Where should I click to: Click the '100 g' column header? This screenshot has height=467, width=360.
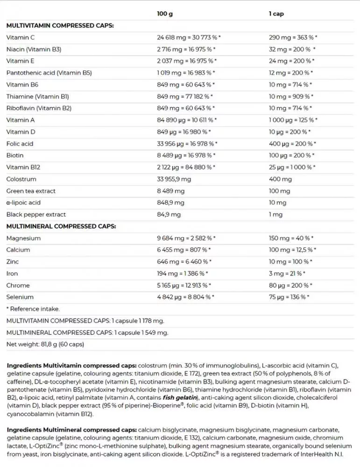pos(164,14)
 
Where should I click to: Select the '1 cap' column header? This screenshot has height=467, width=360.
pos(276,14)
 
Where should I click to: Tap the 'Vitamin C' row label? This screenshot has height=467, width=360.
pos(20,37)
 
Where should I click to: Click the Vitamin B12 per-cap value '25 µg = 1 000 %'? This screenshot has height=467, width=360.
pos(292,167)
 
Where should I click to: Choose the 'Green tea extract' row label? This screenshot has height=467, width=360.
pos(31,191)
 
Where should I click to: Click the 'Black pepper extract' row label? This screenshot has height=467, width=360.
pos(36,215)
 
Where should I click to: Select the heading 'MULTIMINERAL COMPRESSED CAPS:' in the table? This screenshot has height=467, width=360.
pos(61,226)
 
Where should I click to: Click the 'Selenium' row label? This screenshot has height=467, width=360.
pos(20,297)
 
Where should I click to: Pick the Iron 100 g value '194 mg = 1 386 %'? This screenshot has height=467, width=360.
pos(183,274)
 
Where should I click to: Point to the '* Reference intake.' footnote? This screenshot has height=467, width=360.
pos(33,309)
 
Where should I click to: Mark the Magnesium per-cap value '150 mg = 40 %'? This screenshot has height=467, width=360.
pos(291,238)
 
